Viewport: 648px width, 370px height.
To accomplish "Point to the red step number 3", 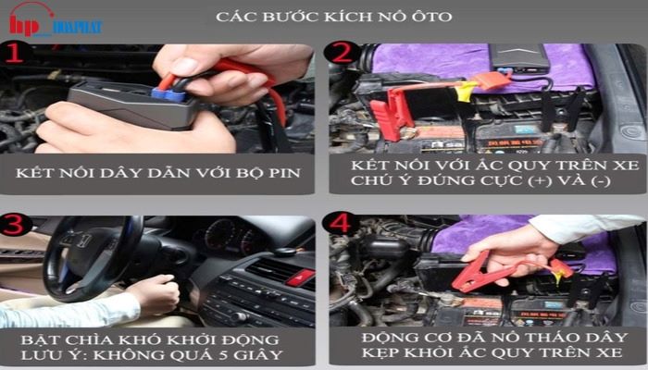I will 16,225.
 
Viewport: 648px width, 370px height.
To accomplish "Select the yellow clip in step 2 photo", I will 468,90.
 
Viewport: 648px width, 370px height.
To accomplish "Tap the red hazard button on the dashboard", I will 300,277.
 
